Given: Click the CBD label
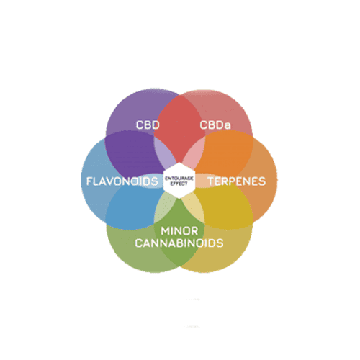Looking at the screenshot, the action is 148,125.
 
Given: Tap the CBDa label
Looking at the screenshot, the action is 215,125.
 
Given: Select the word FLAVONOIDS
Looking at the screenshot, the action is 122,181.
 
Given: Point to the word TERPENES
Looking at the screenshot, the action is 237,181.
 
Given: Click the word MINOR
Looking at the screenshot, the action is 179,231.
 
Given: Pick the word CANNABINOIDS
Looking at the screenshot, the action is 179,243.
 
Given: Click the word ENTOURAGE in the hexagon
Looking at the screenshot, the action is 179,179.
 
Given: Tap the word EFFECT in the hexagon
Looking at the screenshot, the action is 179,184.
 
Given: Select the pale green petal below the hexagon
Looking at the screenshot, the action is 164,207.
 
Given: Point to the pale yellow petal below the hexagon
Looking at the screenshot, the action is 194,207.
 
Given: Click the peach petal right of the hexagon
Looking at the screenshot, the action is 203,181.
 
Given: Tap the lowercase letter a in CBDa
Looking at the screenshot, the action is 228,126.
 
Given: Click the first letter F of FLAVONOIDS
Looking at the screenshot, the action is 89,181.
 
